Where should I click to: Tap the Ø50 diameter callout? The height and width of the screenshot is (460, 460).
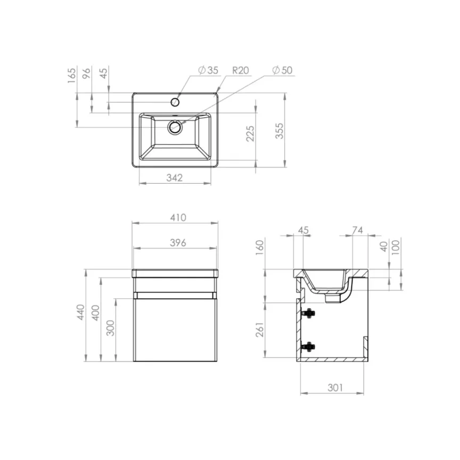[x=282, y=70]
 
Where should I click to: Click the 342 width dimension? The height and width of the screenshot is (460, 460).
[x=174, y=177]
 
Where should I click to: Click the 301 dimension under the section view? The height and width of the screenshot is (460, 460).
[x=333, y=387]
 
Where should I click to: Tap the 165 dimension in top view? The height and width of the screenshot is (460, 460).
[x=72, y=75]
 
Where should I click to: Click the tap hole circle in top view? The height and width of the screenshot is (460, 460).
[x=175, y=101]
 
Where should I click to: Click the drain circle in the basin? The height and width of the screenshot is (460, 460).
[x=175, y=127]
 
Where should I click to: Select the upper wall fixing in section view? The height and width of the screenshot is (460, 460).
[x=308, y=314]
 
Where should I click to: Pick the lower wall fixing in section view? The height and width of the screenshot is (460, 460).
[x=308, y=347]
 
